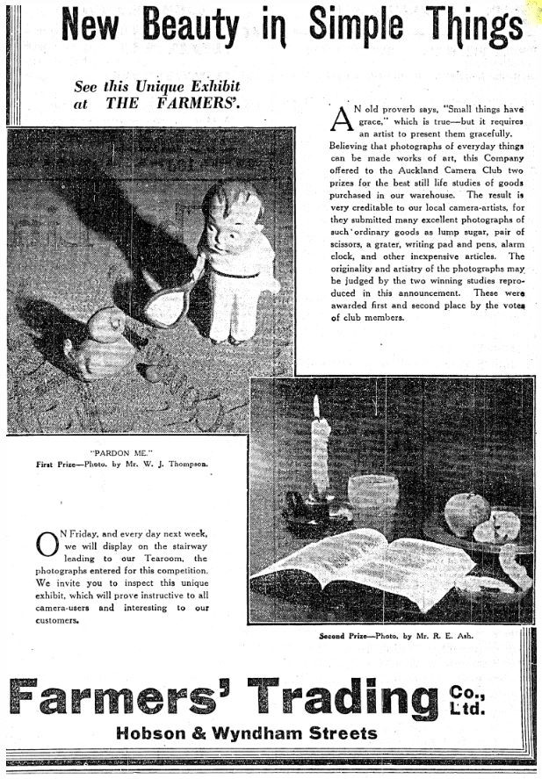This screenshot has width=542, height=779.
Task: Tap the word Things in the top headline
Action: [466, 26]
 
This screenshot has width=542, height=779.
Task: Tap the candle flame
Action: [316, 406]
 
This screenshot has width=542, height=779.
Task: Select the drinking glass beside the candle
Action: [372, 498]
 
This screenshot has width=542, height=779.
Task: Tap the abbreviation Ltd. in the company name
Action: [466, 707]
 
